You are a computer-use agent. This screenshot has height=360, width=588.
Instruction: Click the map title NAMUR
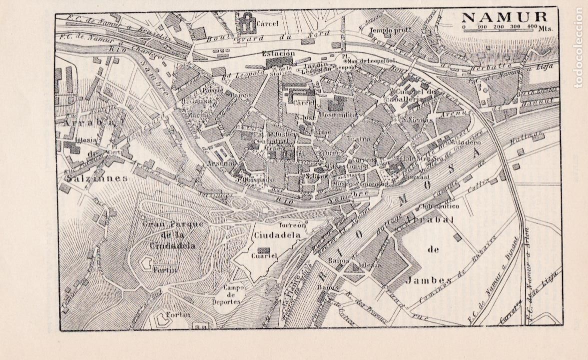505,17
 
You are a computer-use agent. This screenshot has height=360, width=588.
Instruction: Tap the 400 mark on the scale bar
532,26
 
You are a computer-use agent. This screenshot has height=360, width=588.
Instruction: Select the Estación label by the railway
278,53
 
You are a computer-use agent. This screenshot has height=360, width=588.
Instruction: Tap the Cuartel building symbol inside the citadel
262,250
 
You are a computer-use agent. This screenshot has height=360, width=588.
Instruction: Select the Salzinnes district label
92,177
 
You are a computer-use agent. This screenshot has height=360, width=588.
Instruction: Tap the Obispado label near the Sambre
258,179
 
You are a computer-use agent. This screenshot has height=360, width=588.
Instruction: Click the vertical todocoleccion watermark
579,47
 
